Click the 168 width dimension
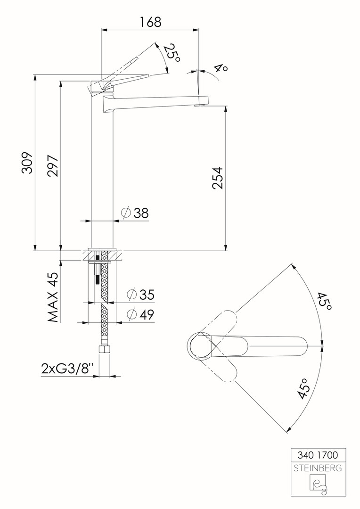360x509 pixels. pos(150,22)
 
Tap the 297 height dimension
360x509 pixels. pos(53,166)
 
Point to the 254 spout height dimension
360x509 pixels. pos(218,178)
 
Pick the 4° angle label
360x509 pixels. pos(221,68)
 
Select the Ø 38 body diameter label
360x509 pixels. pos(135,213)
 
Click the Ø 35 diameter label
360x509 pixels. pos(140,295)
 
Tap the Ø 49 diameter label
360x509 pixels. pos(140,314)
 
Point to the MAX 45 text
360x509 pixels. pos(53,297)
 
